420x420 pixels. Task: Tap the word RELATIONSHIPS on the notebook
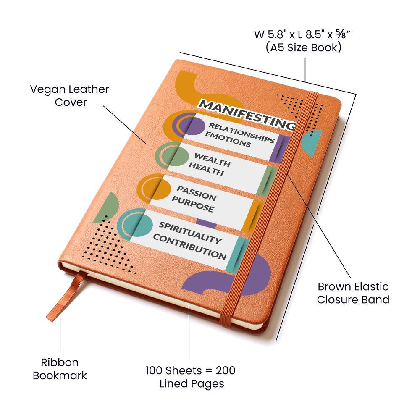pos(241,132)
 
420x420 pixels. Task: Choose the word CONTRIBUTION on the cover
pos(189,247)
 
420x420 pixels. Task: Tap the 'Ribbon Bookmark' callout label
pos(60,369)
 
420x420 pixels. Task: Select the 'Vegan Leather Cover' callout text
pos(69,96)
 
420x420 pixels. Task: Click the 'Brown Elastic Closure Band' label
pos(353,293)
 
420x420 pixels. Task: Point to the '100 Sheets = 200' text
pos(190,371)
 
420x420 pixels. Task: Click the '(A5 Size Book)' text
pos(303,47)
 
